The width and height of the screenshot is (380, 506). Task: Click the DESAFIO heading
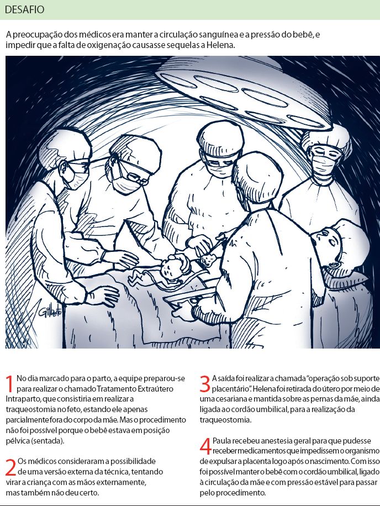(24, 10)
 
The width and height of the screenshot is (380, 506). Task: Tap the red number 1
(10, 384)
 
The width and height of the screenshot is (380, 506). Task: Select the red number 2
(10, 467)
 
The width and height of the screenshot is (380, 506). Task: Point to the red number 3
(205, 384)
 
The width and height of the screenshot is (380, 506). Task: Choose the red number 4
(205, 446)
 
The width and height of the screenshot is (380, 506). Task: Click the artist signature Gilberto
(50, 311)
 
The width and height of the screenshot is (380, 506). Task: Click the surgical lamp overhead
(242, 93)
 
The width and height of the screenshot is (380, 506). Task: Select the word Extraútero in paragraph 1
(156, 388)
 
